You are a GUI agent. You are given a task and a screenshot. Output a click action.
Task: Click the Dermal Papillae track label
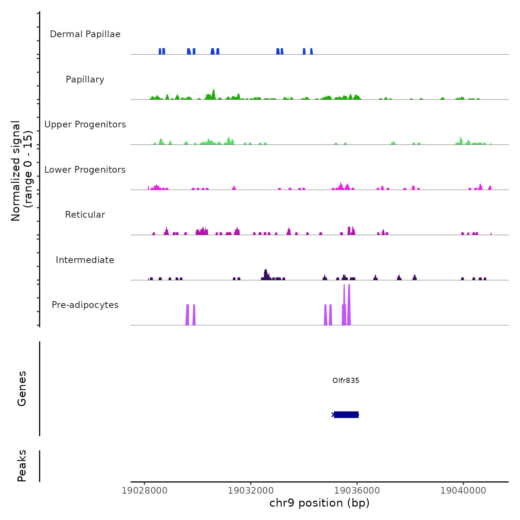[x=85, y=34]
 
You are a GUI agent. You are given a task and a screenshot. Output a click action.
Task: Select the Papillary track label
[x=85, y=79]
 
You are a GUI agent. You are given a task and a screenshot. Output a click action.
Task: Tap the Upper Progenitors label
[x=85, y=124]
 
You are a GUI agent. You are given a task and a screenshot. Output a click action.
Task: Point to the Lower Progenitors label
[x=85, y=170]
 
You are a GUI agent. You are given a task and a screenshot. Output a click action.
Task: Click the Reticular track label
[x=85, y=215]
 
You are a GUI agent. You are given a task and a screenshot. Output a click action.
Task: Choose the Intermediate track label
[x=85, y=260]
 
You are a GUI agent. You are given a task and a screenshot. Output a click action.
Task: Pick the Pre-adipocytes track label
[x=85, y=305]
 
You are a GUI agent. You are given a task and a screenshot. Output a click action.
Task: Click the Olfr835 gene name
[x=346, y=380]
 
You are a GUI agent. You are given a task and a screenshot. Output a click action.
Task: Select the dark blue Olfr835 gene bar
[x=346, y=415]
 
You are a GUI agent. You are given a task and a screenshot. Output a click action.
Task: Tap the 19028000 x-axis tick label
[x=144, y=491]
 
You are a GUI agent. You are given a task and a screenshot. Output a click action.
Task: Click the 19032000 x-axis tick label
[x=251, y=491]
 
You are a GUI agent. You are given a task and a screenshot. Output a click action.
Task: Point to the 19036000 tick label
[x=357, y=491]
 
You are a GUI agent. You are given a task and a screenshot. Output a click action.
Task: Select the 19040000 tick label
[x=463, y=491]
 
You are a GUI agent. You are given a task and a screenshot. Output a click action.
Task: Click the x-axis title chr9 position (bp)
[x=319, y=503]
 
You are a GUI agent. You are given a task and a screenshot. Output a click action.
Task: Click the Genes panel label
[x=22, y=389]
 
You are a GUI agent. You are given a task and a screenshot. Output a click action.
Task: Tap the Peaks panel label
[x=22, y=466]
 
